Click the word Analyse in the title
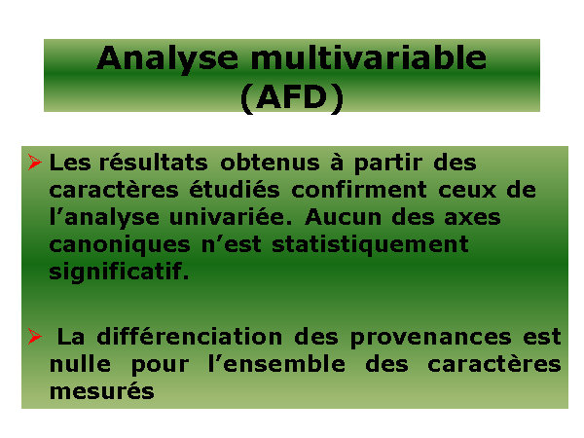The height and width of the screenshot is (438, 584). tap(167, 58)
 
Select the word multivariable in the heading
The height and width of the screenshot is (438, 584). tap(369, 57)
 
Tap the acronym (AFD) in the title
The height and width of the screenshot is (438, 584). tap(292, 98)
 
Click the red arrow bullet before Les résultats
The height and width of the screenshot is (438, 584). tap(35, 163)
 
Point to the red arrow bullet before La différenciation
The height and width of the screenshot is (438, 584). tap(35, 337)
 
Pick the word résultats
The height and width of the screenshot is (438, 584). tap(153, 163)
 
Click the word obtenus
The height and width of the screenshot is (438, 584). tap(270, 163)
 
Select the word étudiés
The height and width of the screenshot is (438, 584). tap(235, 190)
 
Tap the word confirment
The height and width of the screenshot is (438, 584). tap(358, 190)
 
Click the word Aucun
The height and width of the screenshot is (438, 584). tap(343, 217)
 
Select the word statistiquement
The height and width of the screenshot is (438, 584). tap(370, 244)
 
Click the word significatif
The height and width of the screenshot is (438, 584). tap(119, 272)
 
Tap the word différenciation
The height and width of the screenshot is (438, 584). tap(189, 337)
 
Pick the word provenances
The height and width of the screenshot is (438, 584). tap(430, 338)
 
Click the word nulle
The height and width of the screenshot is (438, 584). tap(80, 363)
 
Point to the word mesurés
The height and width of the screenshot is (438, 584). tap(101, 391)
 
